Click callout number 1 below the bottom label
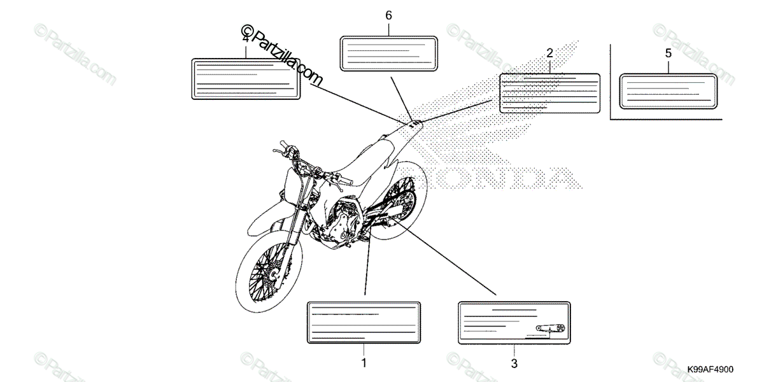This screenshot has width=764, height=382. point(364,364)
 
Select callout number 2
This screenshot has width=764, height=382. point(549,53)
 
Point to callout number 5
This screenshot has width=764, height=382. point(668,53)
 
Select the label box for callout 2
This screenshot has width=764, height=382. point(549,93)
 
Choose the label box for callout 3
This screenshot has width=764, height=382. point(514,322)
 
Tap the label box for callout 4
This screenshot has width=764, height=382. point(246,78)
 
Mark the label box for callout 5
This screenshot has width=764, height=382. point(668,88)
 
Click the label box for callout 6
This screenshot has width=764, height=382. point(388,53)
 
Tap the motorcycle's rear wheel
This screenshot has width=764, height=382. point(395,204)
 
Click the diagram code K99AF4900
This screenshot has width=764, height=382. point(710,369)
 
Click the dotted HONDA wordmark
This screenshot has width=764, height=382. point(503,176)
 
